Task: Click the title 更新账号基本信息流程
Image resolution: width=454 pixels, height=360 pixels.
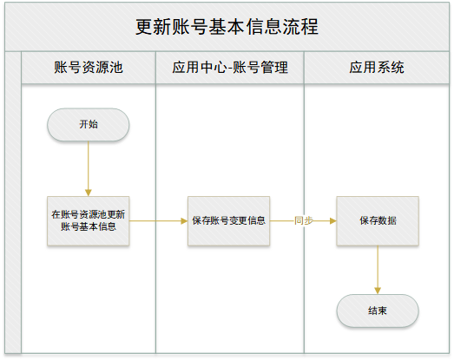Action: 227,27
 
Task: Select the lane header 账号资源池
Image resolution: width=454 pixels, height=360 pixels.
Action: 89,68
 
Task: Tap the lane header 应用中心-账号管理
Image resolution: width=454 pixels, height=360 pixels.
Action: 230,68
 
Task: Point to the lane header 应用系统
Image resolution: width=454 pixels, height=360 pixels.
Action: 377,68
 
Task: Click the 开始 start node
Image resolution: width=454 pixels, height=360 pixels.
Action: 89,125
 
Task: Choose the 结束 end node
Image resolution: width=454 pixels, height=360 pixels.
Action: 378,311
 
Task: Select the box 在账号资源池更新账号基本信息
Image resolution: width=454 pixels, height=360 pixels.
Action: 89,221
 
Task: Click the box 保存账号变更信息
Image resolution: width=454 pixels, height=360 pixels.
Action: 229,221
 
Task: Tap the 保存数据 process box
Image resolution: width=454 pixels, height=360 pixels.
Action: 378,221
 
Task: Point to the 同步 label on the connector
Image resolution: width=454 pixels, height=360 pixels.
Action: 304,221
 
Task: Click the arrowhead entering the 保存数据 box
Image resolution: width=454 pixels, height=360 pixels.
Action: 333,221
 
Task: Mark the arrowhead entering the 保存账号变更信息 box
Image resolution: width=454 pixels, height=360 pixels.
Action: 184,221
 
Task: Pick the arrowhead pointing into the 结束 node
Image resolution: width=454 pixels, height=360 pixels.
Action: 378,291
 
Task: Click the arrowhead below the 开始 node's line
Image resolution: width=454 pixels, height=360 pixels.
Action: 89,193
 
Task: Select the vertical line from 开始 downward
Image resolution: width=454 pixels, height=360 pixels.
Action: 89,168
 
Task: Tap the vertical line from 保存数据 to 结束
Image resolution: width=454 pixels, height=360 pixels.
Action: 378,270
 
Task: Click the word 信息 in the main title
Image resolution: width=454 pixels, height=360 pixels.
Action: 264,27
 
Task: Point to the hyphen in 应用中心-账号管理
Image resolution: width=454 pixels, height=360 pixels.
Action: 230,69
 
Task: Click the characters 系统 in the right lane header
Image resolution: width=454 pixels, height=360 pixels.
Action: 391,68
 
